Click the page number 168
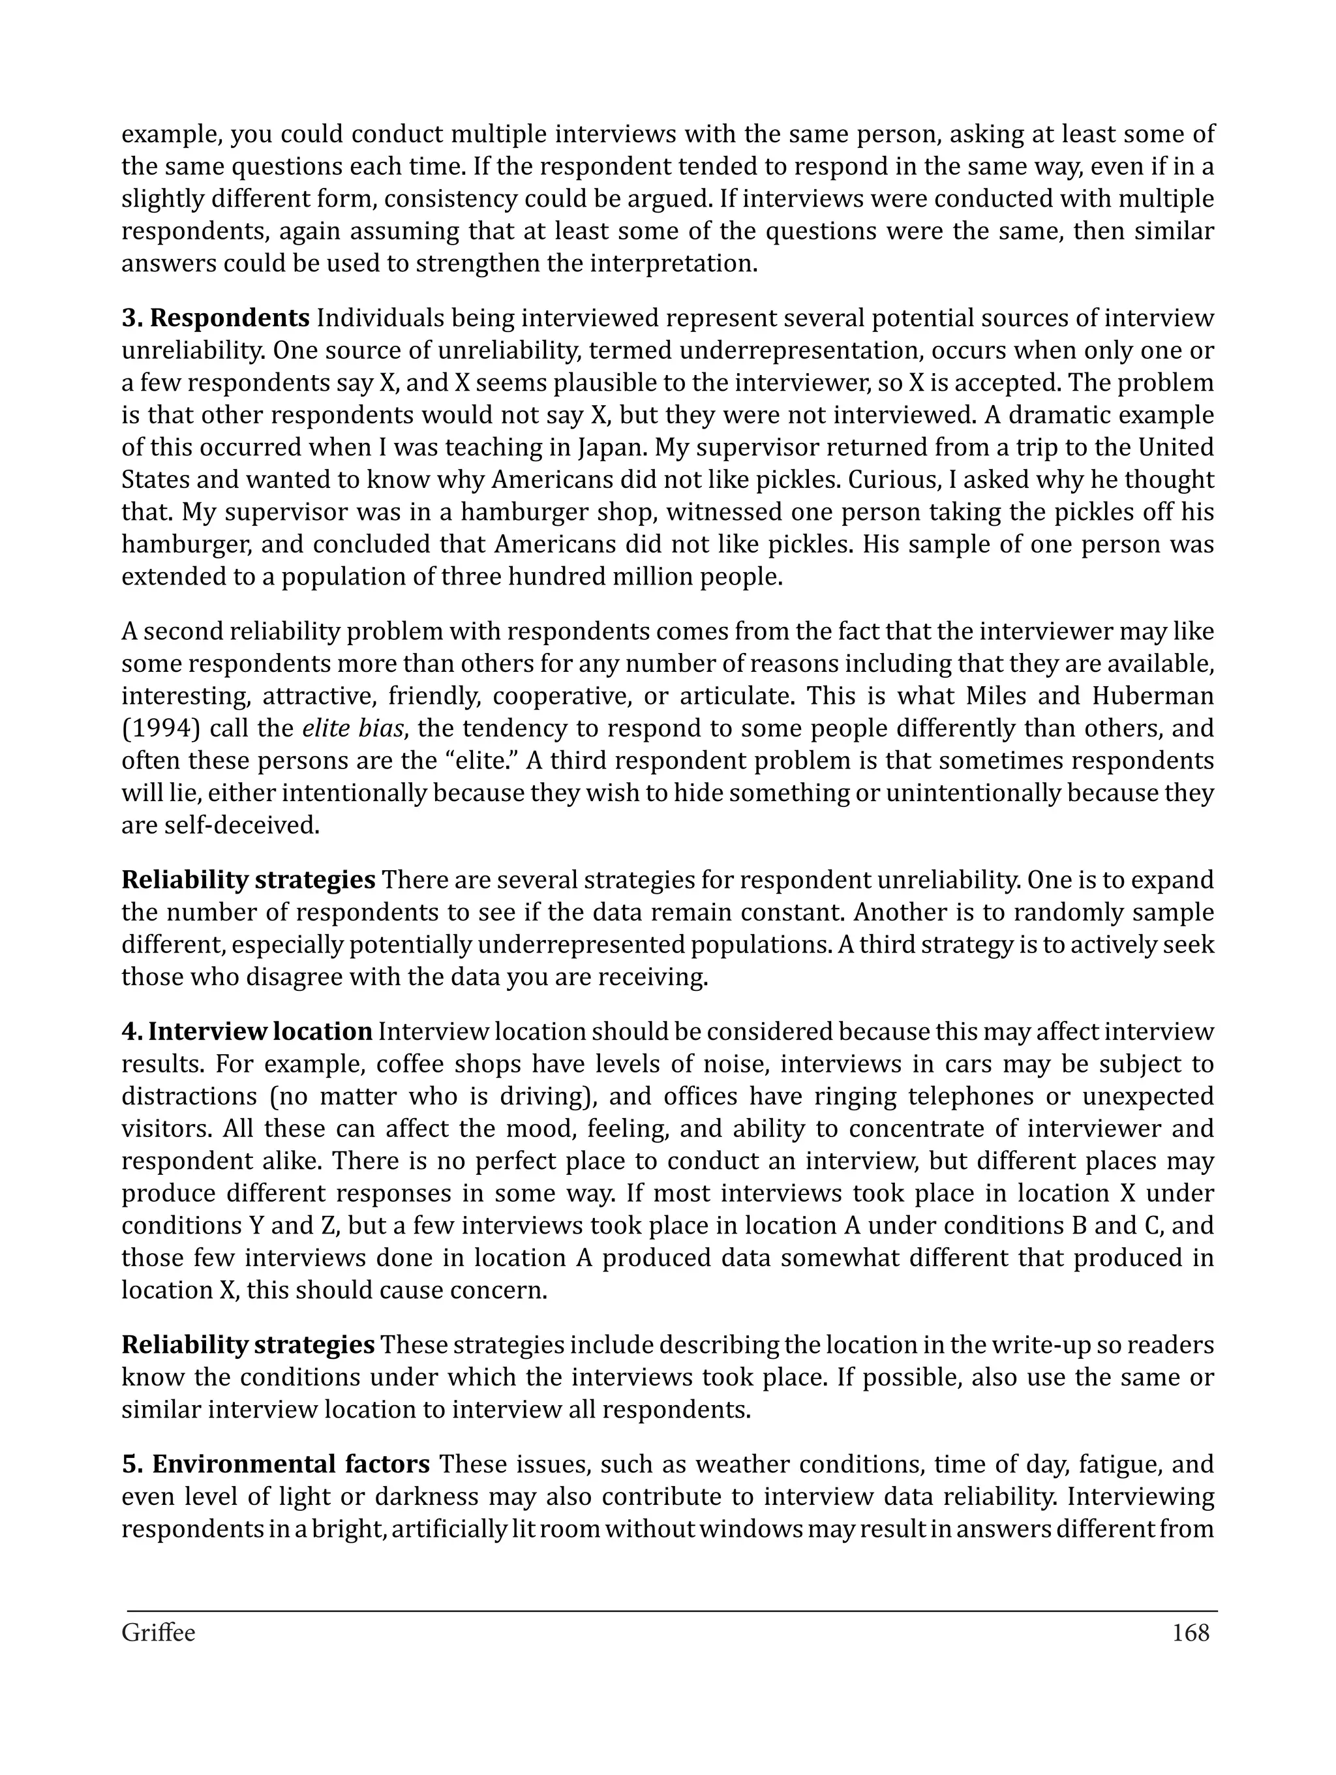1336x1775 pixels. pyautogui.click(x=1190, y=1633)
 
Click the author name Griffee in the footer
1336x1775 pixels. pyautogui.click(x=158, y=1633)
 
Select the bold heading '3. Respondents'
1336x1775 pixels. pyautogui.click(x=215, y=318)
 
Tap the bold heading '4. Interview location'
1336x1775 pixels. pyautogui.click(x=247, y=1031)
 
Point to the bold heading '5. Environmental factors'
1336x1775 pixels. pyautogui.click(x=275, y=1464)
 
